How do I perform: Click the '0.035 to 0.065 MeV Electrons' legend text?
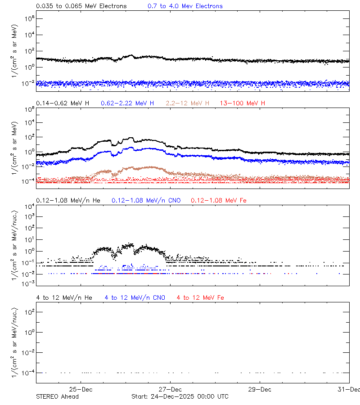tap(81, 6)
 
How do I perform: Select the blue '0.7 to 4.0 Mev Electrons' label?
tap(185, 6)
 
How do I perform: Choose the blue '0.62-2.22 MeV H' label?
tap(127, 103)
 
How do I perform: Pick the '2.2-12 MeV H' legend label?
tap(187, 103)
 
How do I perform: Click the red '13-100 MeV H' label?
tap(242, 103)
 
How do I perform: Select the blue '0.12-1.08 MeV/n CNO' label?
tap(146, 200)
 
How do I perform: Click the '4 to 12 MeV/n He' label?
tap(64, 297)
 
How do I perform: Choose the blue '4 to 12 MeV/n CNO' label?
tap(135, 297)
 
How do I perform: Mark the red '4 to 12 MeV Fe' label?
tap(200, 297)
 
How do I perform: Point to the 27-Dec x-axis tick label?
tap(170, 389)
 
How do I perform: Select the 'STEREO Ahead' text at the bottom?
tap(57, 396)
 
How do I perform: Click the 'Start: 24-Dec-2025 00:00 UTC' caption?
tap(180, 396)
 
